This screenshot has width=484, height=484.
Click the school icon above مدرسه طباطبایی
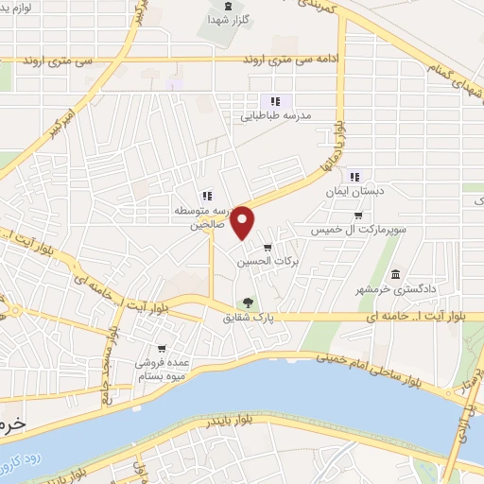click(275, 101)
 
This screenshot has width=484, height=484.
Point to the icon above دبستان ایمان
click(354, 177)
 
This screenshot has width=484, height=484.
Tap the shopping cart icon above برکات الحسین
click(280, 248)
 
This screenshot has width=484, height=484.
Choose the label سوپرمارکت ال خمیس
click(358, 230)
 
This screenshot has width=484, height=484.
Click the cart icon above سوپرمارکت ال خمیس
click(357, 215)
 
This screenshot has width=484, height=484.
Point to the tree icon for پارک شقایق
click(248, 303)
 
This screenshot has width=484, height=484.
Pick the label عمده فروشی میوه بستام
click(149, 370)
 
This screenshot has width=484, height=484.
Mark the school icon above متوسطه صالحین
click(206, 196)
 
